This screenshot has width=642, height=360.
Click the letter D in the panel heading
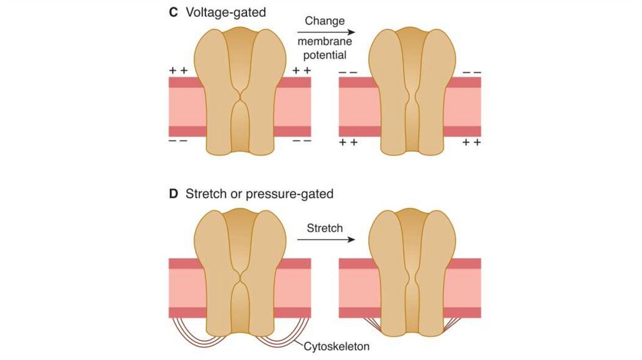tap(174, 194)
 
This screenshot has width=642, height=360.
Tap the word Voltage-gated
tap(222, 13)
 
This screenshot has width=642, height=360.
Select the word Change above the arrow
tap(325, 21)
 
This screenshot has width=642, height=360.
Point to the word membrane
tap(325, 41)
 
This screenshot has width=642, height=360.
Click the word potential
tap(325, 55)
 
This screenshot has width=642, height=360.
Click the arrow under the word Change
tap(325, 31)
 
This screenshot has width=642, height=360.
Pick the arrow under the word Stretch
tap(325, 239)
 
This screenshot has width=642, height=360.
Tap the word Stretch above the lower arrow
tap(325, 228)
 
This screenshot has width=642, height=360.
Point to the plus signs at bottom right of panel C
tap(471, 143)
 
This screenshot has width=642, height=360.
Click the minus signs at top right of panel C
tap(471, 73)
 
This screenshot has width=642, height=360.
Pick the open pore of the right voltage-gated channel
tap(410, 99)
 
